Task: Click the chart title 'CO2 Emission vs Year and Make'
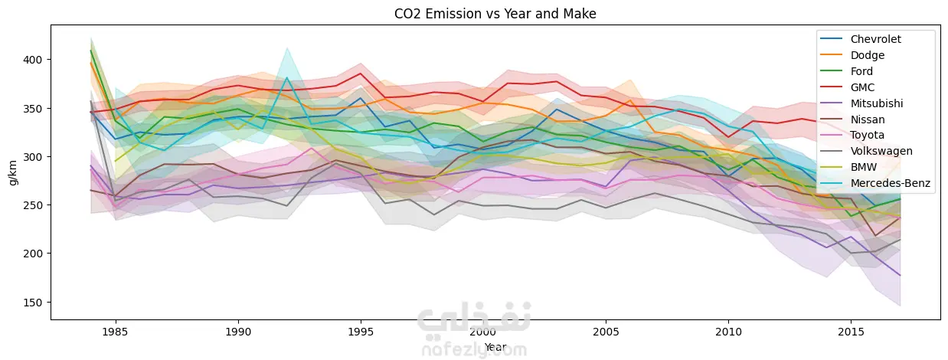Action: click(x=474, y=13)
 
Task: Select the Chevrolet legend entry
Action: click(x=875, y=40)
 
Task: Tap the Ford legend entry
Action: click(x=862, y=71)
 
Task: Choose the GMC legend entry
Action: click(x=862, y=87)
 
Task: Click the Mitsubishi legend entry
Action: click(x=875, y=103)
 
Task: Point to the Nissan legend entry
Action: click(x=867, y=119)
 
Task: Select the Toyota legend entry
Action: click(x=867, y=136)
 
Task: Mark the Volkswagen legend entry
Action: click(x=881, y=152)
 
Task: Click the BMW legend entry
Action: click(x=864, y=168)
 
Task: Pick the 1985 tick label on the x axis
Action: click(x=116, y=334)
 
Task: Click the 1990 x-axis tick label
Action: click(x=238, y=334)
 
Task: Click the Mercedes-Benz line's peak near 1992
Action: click(x=286, y=77)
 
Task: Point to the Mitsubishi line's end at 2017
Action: click(x=900, y=275)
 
